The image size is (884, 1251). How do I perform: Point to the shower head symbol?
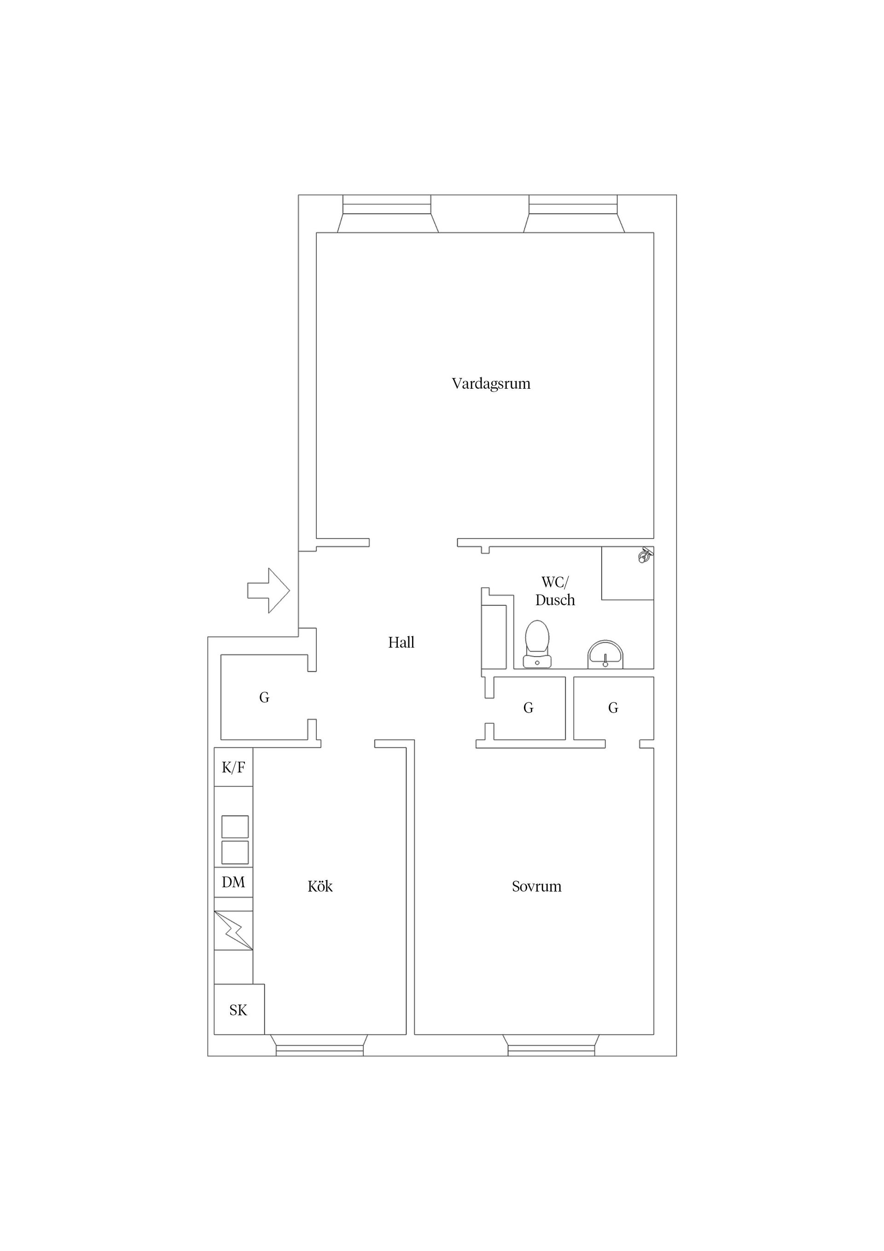[646, 556]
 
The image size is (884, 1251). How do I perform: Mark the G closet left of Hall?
[264, 697]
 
